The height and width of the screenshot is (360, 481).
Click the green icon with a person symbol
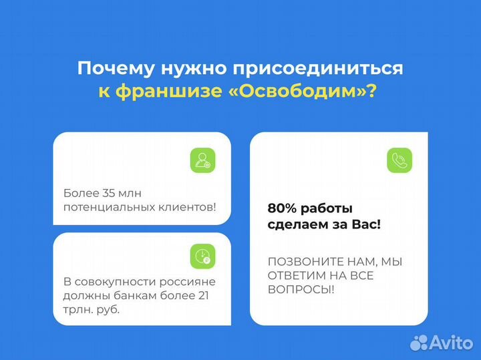click(x=202, y=161)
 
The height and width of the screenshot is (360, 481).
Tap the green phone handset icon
click(x=399, y=160)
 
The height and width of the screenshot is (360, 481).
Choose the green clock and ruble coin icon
click(x=202, y=256)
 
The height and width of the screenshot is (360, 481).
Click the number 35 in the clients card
click(x=110, y=193)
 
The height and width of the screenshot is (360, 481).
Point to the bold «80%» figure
click(x=281, y=208)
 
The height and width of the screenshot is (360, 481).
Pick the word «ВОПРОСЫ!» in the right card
click(x=301, y=289)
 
